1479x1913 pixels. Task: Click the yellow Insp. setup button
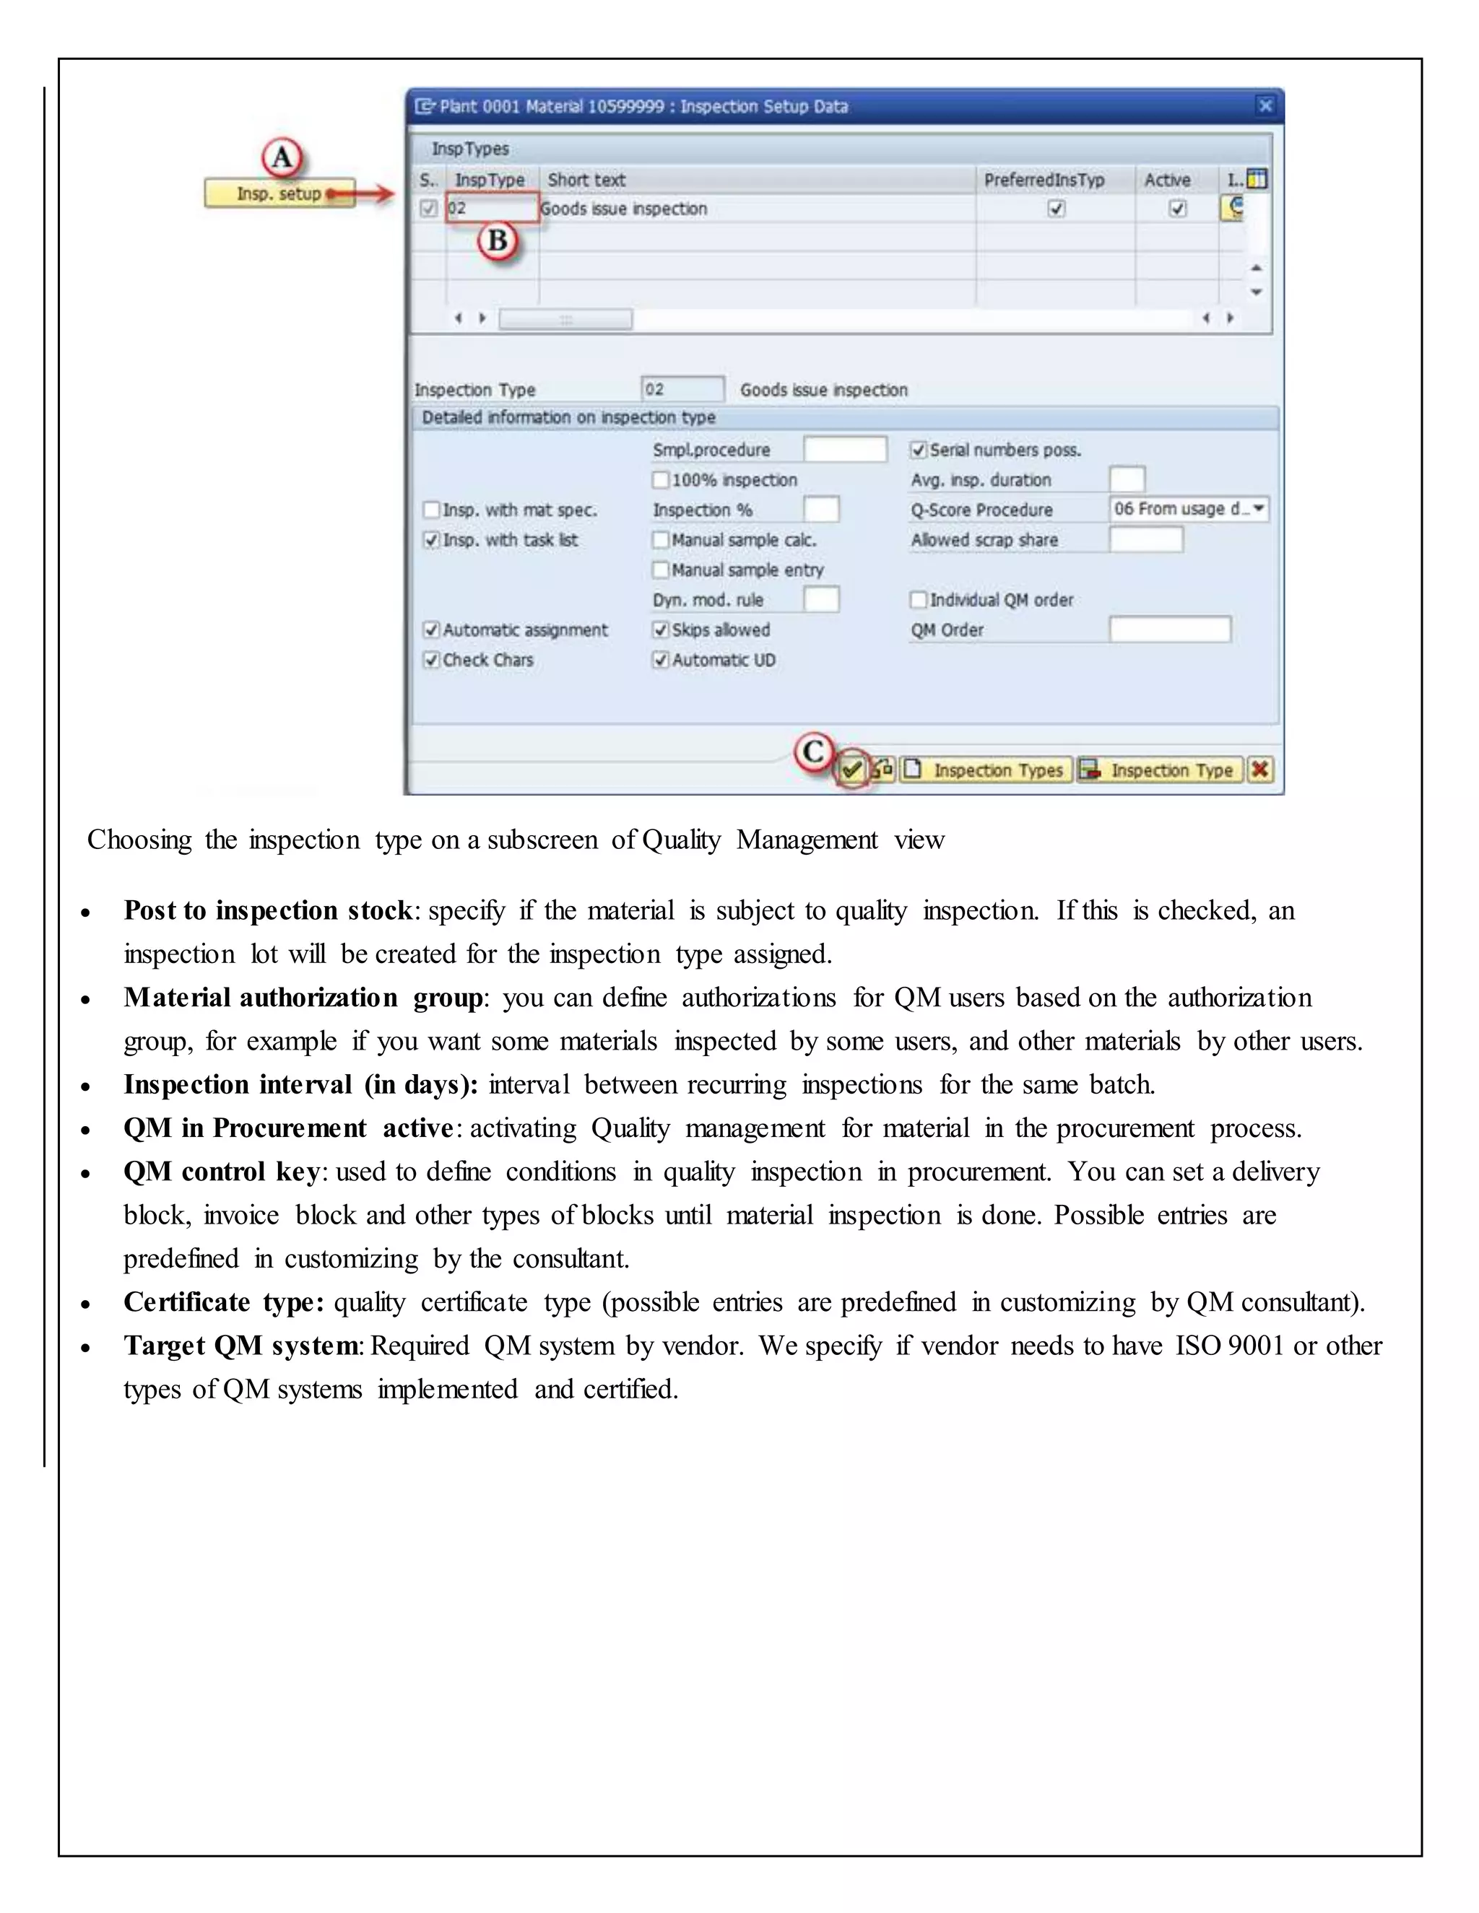(279, 193)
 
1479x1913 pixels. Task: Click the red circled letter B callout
(498, 240)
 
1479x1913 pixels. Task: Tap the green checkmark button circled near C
(851, 770)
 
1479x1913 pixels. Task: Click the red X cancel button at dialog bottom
(1260, 770)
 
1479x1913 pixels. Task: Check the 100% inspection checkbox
(661, 480)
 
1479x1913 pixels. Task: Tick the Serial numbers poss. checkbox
(919, 450)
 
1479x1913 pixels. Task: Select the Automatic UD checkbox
(661, 660)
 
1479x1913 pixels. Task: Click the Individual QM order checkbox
(919, 600)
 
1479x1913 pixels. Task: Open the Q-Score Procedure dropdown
(1259, 509)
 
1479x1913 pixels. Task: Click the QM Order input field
(1169, 629)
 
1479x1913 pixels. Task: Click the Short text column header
(586, 180)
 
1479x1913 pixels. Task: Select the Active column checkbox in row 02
(1178, 209)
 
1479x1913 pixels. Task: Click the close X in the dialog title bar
(1265, 106)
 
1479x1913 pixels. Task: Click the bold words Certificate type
(223, 1302)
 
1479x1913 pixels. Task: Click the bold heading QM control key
(222, 1172)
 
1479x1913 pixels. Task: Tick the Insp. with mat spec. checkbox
(431, 510)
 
